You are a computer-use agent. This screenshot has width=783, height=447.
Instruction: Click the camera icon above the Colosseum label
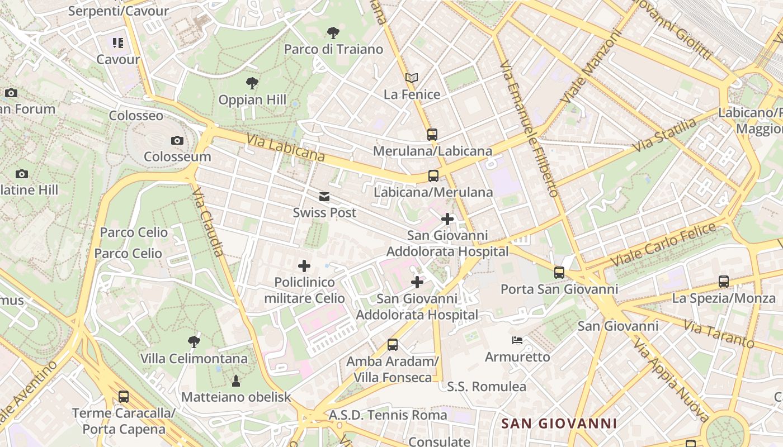coord(177,140)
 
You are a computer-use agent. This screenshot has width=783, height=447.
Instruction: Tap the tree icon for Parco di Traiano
coord(333,33)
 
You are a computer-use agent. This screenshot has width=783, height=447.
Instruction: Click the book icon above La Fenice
coord(412,78)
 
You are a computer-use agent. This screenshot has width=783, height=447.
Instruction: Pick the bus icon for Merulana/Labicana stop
coord(432,135)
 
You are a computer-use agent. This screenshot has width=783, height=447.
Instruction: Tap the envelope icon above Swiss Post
coord(324,197)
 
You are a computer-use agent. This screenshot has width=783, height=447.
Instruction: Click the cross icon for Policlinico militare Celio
coord(304,266)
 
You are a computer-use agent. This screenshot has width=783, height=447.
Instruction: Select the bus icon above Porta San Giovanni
coord(559,273)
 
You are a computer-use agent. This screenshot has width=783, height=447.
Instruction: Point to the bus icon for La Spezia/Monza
coord(724,282)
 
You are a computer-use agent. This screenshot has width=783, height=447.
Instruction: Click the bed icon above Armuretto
coord(517,340)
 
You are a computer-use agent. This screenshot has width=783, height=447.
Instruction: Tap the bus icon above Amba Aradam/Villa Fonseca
coord(393,345)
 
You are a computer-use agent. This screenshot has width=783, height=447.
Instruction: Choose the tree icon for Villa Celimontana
coord(194,341)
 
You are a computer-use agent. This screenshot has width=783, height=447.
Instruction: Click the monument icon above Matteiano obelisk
coord(236,381)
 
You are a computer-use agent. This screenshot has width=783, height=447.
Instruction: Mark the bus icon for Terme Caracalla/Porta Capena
coord(124,397)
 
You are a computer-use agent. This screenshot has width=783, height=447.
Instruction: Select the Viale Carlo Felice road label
coord(663,244)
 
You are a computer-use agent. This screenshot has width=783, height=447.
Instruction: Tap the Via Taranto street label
coord(719,333)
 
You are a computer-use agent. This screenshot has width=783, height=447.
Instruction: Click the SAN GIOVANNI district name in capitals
coord(559,424)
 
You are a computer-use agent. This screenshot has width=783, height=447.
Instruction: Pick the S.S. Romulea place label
coord(487,387)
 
